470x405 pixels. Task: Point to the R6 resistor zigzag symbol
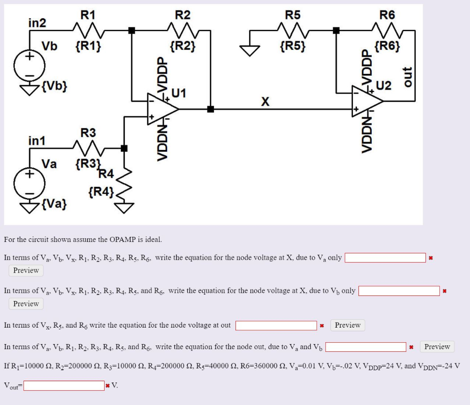[387, 31]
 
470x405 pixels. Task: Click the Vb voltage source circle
[28, 65]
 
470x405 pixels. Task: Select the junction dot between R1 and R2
[132, 31]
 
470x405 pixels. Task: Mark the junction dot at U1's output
[210, 109]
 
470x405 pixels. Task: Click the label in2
[37, 22]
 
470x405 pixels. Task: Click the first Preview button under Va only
[26, 270]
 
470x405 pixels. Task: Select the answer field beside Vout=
[64, 385]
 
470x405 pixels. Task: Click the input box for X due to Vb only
[399, 291]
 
